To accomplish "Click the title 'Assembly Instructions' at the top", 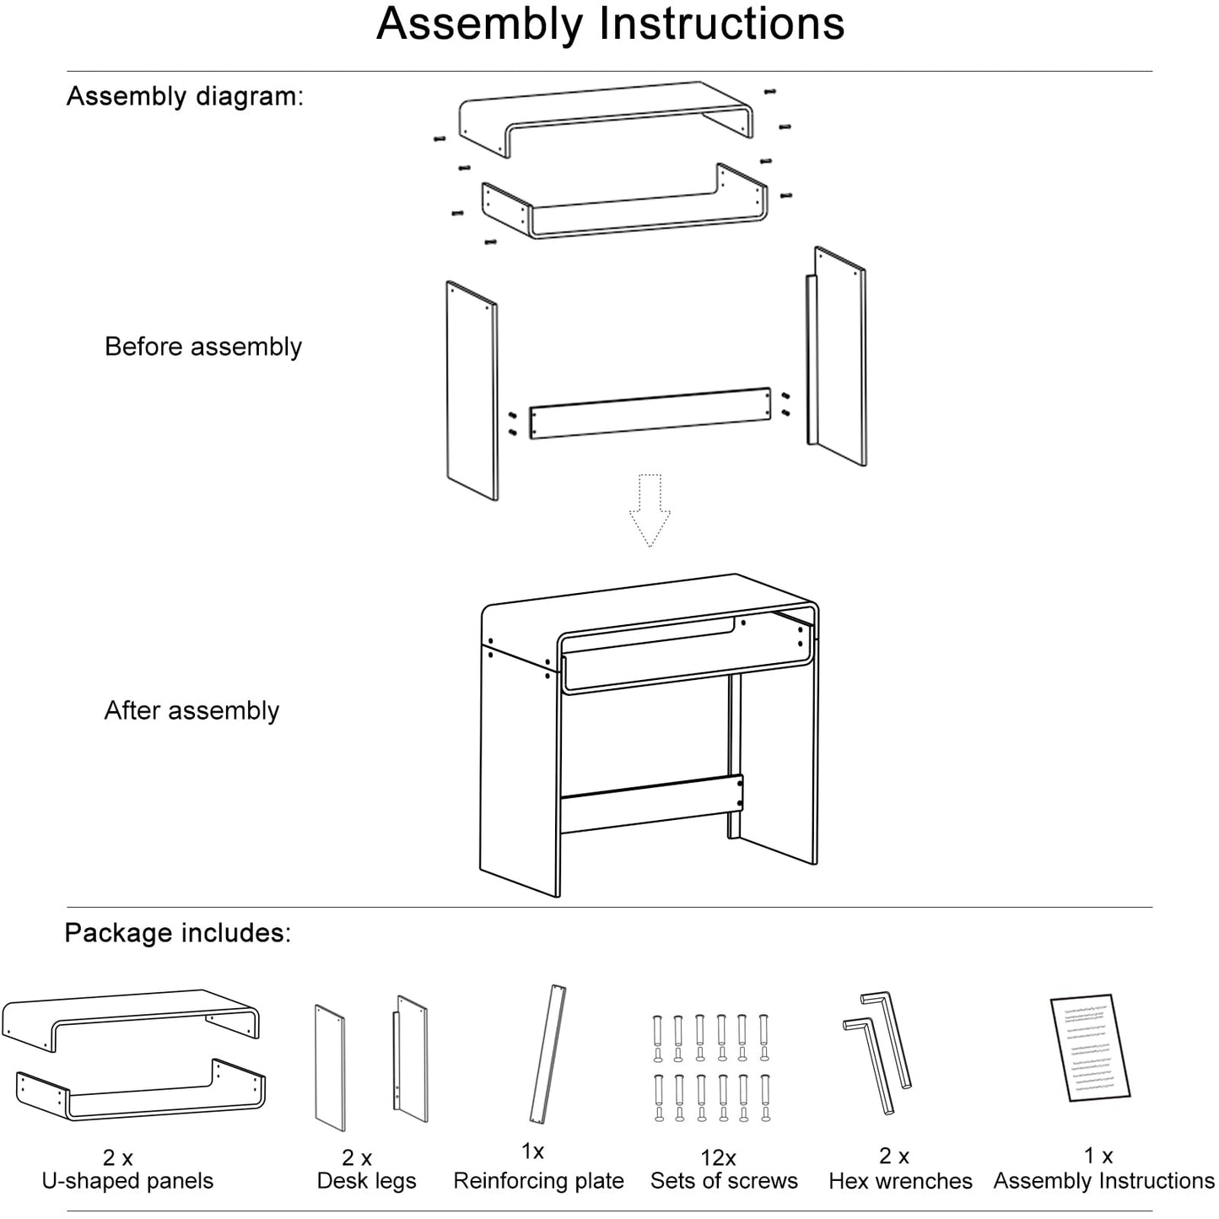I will pos(610,24).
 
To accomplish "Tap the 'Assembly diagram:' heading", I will pos(185,96).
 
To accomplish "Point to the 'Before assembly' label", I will pos(202,347).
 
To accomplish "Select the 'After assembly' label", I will pos(191,710).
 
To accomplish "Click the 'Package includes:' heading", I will pos(177,932).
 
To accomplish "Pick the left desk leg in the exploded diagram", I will pos(472,391).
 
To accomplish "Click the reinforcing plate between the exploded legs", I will pos(650,413).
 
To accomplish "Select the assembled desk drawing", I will pos(648,734).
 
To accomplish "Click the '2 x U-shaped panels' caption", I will pos(127,1169).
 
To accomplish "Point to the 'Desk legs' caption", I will pos(366,1180).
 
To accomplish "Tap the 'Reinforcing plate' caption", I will pos(538,1180).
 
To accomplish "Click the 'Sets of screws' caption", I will pos(724,1180).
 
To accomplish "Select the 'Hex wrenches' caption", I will pos(900,1180).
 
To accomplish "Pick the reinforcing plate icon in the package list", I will pos(547,1054).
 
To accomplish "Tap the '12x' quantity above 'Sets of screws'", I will pos(718,1158).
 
